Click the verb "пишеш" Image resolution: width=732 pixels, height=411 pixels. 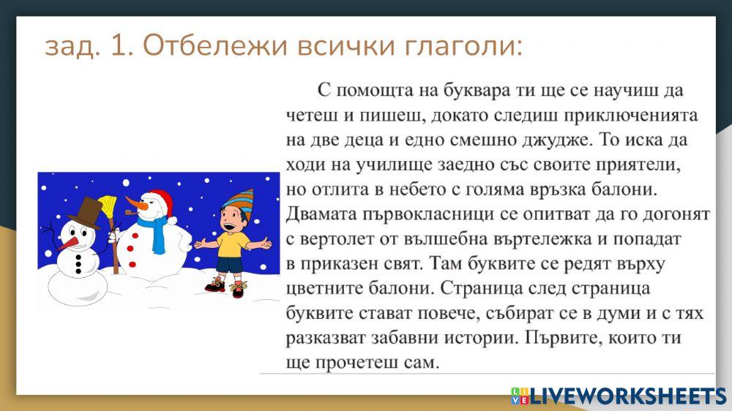tap(387, 115)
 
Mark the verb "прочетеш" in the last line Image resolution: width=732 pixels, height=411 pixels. tap(359, 363)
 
